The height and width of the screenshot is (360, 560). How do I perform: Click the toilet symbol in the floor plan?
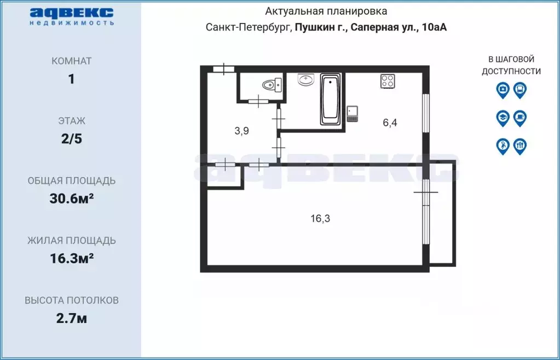(272, 85)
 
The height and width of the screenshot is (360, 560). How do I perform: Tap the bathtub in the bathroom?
(330, 99)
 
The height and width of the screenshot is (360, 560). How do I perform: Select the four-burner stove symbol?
(388, 81)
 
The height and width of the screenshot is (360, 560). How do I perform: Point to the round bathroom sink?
(305, 79)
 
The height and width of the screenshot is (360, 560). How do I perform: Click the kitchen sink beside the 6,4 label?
(353, 113)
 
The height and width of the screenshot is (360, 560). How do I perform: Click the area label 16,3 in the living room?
(320, 218)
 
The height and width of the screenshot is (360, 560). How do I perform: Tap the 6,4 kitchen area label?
(390, 123)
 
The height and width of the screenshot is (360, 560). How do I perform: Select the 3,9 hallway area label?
(242, 131)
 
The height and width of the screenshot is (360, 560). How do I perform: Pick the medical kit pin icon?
(503, 90)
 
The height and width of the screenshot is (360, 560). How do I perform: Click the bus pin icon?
(520, 90)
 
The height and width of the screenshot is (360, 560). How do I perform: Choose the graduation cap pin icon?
(503, 118)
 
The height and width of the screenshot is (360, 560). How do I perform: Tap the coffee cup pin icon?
(520, 118)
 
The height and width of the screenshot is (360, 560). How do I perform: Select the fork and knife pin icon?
(520, 146)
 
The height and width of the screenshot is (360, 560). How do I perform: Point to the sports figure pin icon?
(503, 146)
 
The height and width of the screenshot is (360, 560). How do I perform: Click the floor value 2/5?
(71, 139)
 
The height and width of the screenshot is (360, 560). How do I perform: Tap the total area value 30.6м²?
(71, 199)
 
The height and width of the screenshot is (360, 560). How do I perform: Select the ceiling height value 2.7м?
(71, 318)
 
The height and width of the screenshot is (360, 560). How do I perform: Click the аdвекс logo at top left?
(71, 16)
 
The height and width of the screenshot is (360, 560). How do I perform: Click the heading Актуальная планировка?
(326, 11)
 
